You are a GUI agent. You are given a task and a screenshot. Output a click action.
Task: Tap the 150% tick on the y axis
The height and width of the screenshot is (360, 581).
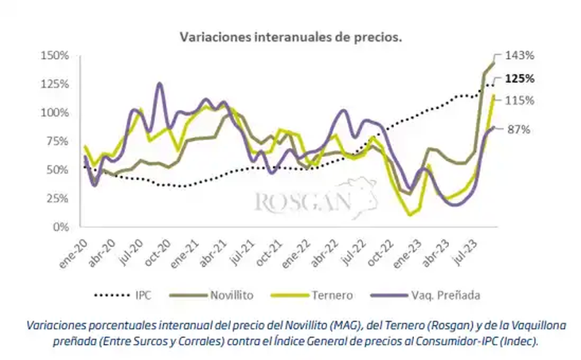57,56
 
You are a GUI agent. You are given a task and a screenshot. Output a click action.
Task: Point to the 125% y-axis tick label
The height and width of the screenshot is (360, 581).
57,84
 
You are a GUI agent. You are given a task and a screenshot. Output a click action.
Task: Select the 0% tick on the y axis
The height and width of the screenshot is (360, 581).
63,228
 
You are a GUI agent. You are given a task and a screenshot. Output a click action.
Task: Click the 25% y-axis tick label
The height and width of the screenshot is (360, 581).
60,199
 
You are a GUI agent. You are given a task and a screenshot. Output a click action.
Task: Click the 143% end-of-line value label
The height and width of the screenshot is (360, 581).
519,56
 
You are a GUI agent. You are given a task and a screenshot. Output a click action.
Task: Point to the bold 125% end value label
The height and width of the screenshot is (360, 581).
519,79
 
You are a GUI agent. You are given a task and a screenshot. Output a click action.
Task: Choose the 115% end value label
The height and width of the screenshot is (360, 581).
519,100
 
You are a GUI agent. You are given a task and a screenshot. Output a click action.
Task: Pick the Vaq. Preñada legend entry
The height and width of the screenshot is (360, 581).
446,295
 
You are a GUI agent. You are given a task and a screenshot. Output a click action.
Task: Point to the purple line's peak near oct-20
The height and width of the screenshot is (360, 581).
160,83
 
